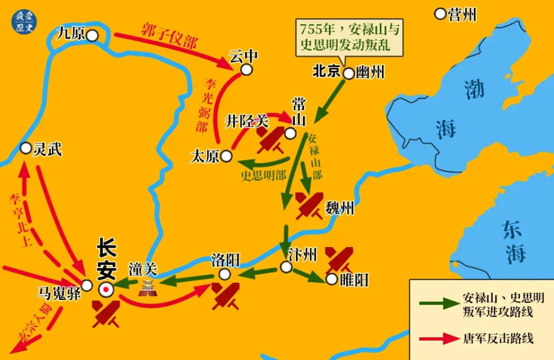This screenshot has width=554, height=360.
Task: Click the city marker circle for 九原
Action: [x=92, y=36]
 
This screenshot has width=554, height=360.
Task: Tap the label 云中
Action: [x=243, y=56]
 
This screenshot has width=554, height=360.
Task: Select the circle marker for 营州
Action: [x=440, y=13]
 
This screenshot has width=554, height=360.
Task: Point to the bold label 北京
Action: [x=326, y=73]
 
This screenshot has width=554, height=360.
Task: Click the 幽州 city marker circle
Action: [x=349, y=74]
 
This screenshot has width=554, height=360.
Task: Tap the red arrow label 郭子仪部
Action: [x=169, y=35]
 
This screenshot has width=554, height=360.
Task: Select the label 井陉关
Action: [x=246, y=121]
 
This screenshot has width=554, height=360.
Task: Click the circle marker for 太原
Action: [x=226, y=156]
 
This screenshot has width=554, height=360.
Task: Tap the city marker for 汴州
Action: [x=286, y=267]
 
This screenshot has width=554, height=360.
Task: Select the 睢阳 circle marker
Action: [x=331, y=279]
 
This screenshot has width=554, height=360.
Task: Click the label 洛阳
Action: [x=226, y=260]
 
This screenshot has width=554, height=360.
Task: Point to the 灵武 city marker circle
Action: [x=25, y=148]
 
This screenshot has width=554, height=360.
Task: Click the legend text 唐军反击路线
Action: [x=498, y=338]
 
